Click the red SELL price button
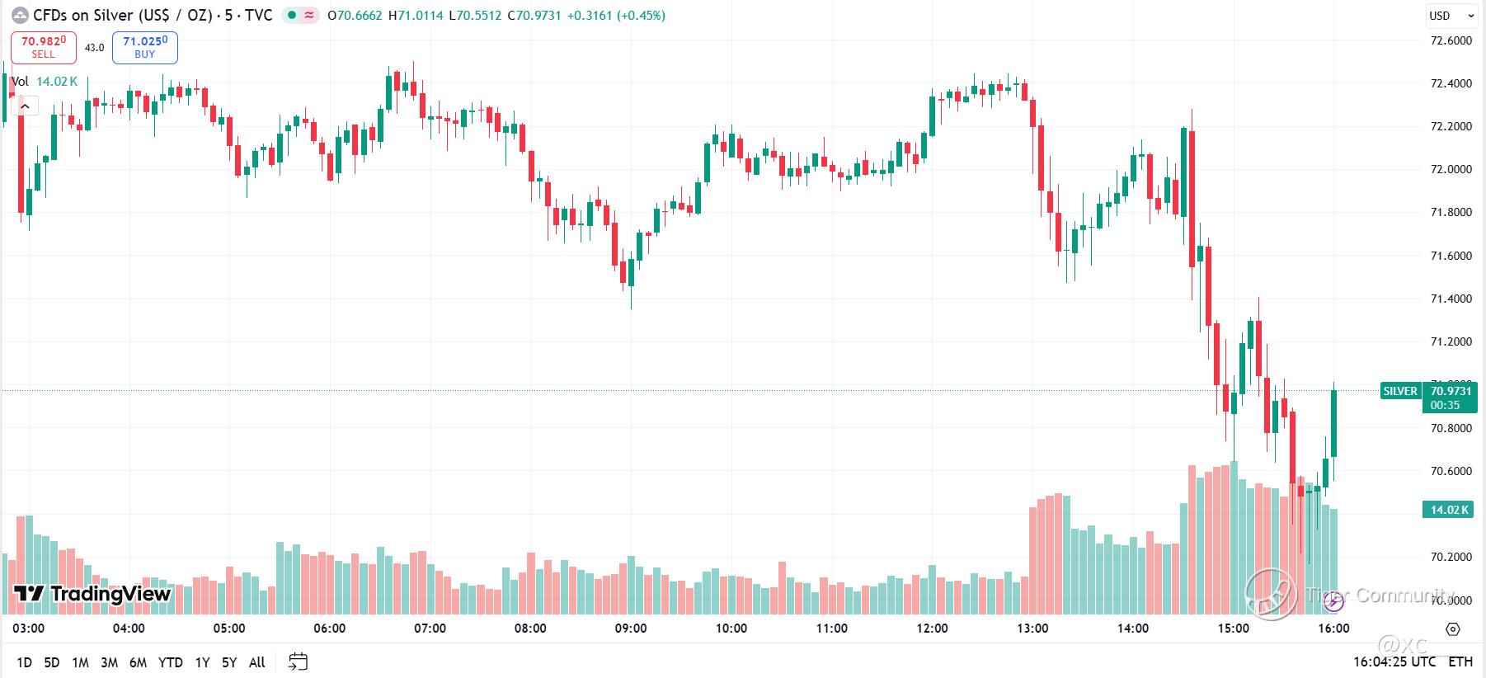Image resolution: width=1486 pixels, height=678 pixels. [43, 47]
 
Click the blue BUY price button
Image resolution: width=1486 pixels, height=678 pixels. [144, 47]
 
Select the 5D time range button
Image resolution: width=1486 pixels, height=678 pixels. [52, 662]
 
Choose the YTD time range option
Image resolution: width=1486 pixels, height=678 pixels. [170, 662]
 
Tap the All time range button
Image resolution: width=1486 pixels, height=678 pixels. [256, 662]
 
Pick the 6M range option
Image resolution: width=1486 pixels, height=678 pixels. [138, 662]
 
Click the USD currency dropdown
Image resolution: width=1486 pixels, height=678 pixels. [1451, 16]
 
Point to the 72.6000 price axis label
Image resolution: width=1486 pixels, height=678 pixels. [1451, 40]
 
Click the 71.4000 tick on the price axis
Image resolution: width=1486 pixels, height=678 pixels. [1451, 299]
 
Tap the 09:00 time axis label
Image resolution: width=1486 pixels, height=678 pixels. [631, 629]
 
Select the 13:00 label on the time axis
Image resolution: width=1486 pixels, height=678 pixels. [1032, 629]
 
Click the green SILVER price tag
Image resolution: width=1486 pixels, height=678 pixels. [1400, 391]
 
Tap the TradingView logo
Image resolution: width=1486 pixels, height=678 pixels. [92, 594]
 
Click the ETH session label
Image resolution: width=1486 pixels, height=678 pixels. [1460, 662]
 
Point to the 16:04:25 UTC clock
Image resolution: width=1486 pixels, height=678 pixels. [1394, 662]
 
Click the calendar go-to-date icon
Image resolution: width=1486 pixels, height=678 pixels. [299, 662]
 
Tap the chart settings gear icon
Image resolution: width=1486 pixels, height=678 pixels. [1453, 629]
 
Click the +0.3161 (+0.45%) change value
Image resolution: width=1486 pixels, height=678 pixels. [616, 16]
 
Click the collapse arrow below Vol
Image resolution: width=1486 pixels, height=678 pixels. [26, 106]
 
